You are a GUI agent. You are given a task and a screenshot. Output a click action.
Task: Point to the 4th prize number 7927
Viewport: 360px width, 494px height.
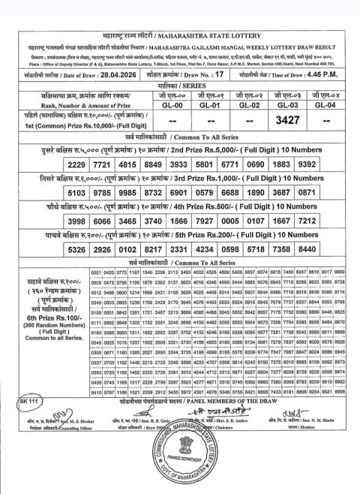[211, 223]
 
